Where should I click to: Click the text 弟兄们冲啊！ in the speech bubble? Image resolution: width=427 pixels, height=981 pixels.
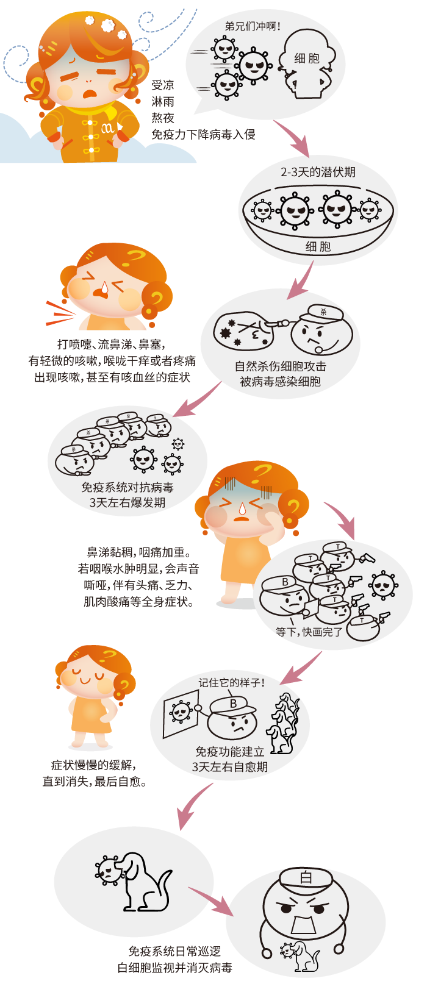(253, 26)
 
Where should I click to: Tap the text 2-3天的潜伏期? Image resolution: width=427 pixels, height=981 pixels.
(318, 172)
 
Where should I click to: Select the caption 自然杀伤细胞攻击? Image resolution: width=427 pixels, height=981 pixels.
(280, 366)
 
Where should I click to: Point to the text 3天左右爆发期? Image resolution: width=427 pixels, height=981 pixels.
(127, 502)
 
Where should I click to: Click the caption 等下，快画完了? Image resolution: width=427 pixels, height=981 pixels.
(309, 632)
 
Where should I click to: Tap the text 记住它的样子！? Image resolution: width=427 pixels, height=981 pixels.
(232, 683)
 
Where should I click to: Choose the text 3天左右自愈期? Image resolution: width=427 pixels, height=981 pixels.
(229, 767)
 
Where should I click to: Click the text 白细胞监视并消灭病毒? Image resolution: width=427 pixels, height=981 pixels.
(174, 968)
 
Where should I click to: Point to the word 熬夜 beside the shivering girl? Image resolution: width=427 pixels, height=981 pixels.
(163, 118)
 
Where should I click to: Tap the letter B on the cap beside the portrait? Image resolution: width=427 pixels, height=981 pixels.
(234, 704)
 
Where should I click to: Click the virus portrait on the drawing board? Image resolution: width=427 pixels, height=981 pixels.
(180, 713)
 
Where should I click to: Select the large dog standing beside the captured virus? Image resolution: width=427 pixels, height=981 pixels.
(141, 882)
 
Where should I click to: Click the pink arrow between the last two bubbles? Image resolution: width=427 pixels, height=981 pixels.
(211, 901)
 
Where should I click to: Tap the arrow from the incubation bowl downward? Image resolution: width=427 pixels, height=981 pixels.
(302, 280)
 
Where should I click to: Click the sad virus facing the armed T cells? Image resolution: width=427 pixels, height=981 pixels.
(383, 585)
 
